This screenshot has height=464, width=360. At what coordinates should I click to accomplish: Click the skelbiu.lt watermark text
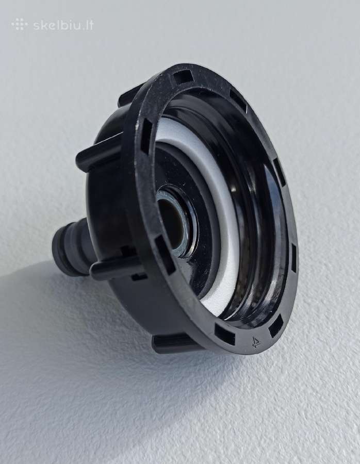[63, 25]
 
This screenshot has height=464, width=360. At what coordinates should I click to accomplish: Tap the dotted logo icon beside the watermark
[20, 24]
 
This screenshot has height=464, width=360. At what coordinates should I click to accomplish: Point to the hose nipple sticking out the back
[71, 248]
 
